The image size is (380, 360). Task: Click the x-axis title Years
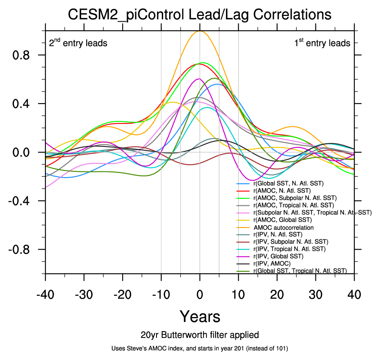[x=200, y=316]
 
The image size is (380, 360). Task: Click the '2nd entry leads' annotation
[x=78, y=43]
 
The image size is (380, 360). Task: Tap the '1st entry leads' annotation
[x=322, y=43]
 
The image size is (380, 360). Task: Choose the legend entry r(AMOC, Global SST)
[x=286, y=220]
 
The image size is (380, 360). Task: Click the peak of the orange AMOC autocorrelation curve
[x=200, y=31]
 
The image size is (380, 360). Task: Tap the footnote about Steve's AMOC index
[x=200, y=349]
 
